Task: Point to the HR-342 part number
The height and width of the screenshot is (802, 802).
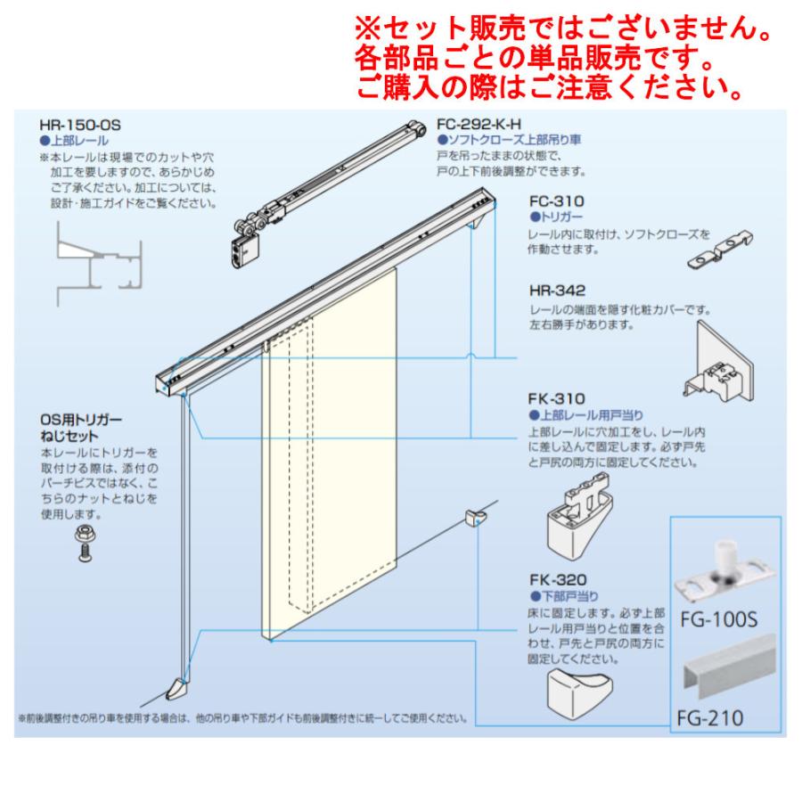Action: [x=556, y=292]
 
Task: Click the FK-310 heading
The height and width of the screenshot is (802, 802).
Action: [x=555, y=399]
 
